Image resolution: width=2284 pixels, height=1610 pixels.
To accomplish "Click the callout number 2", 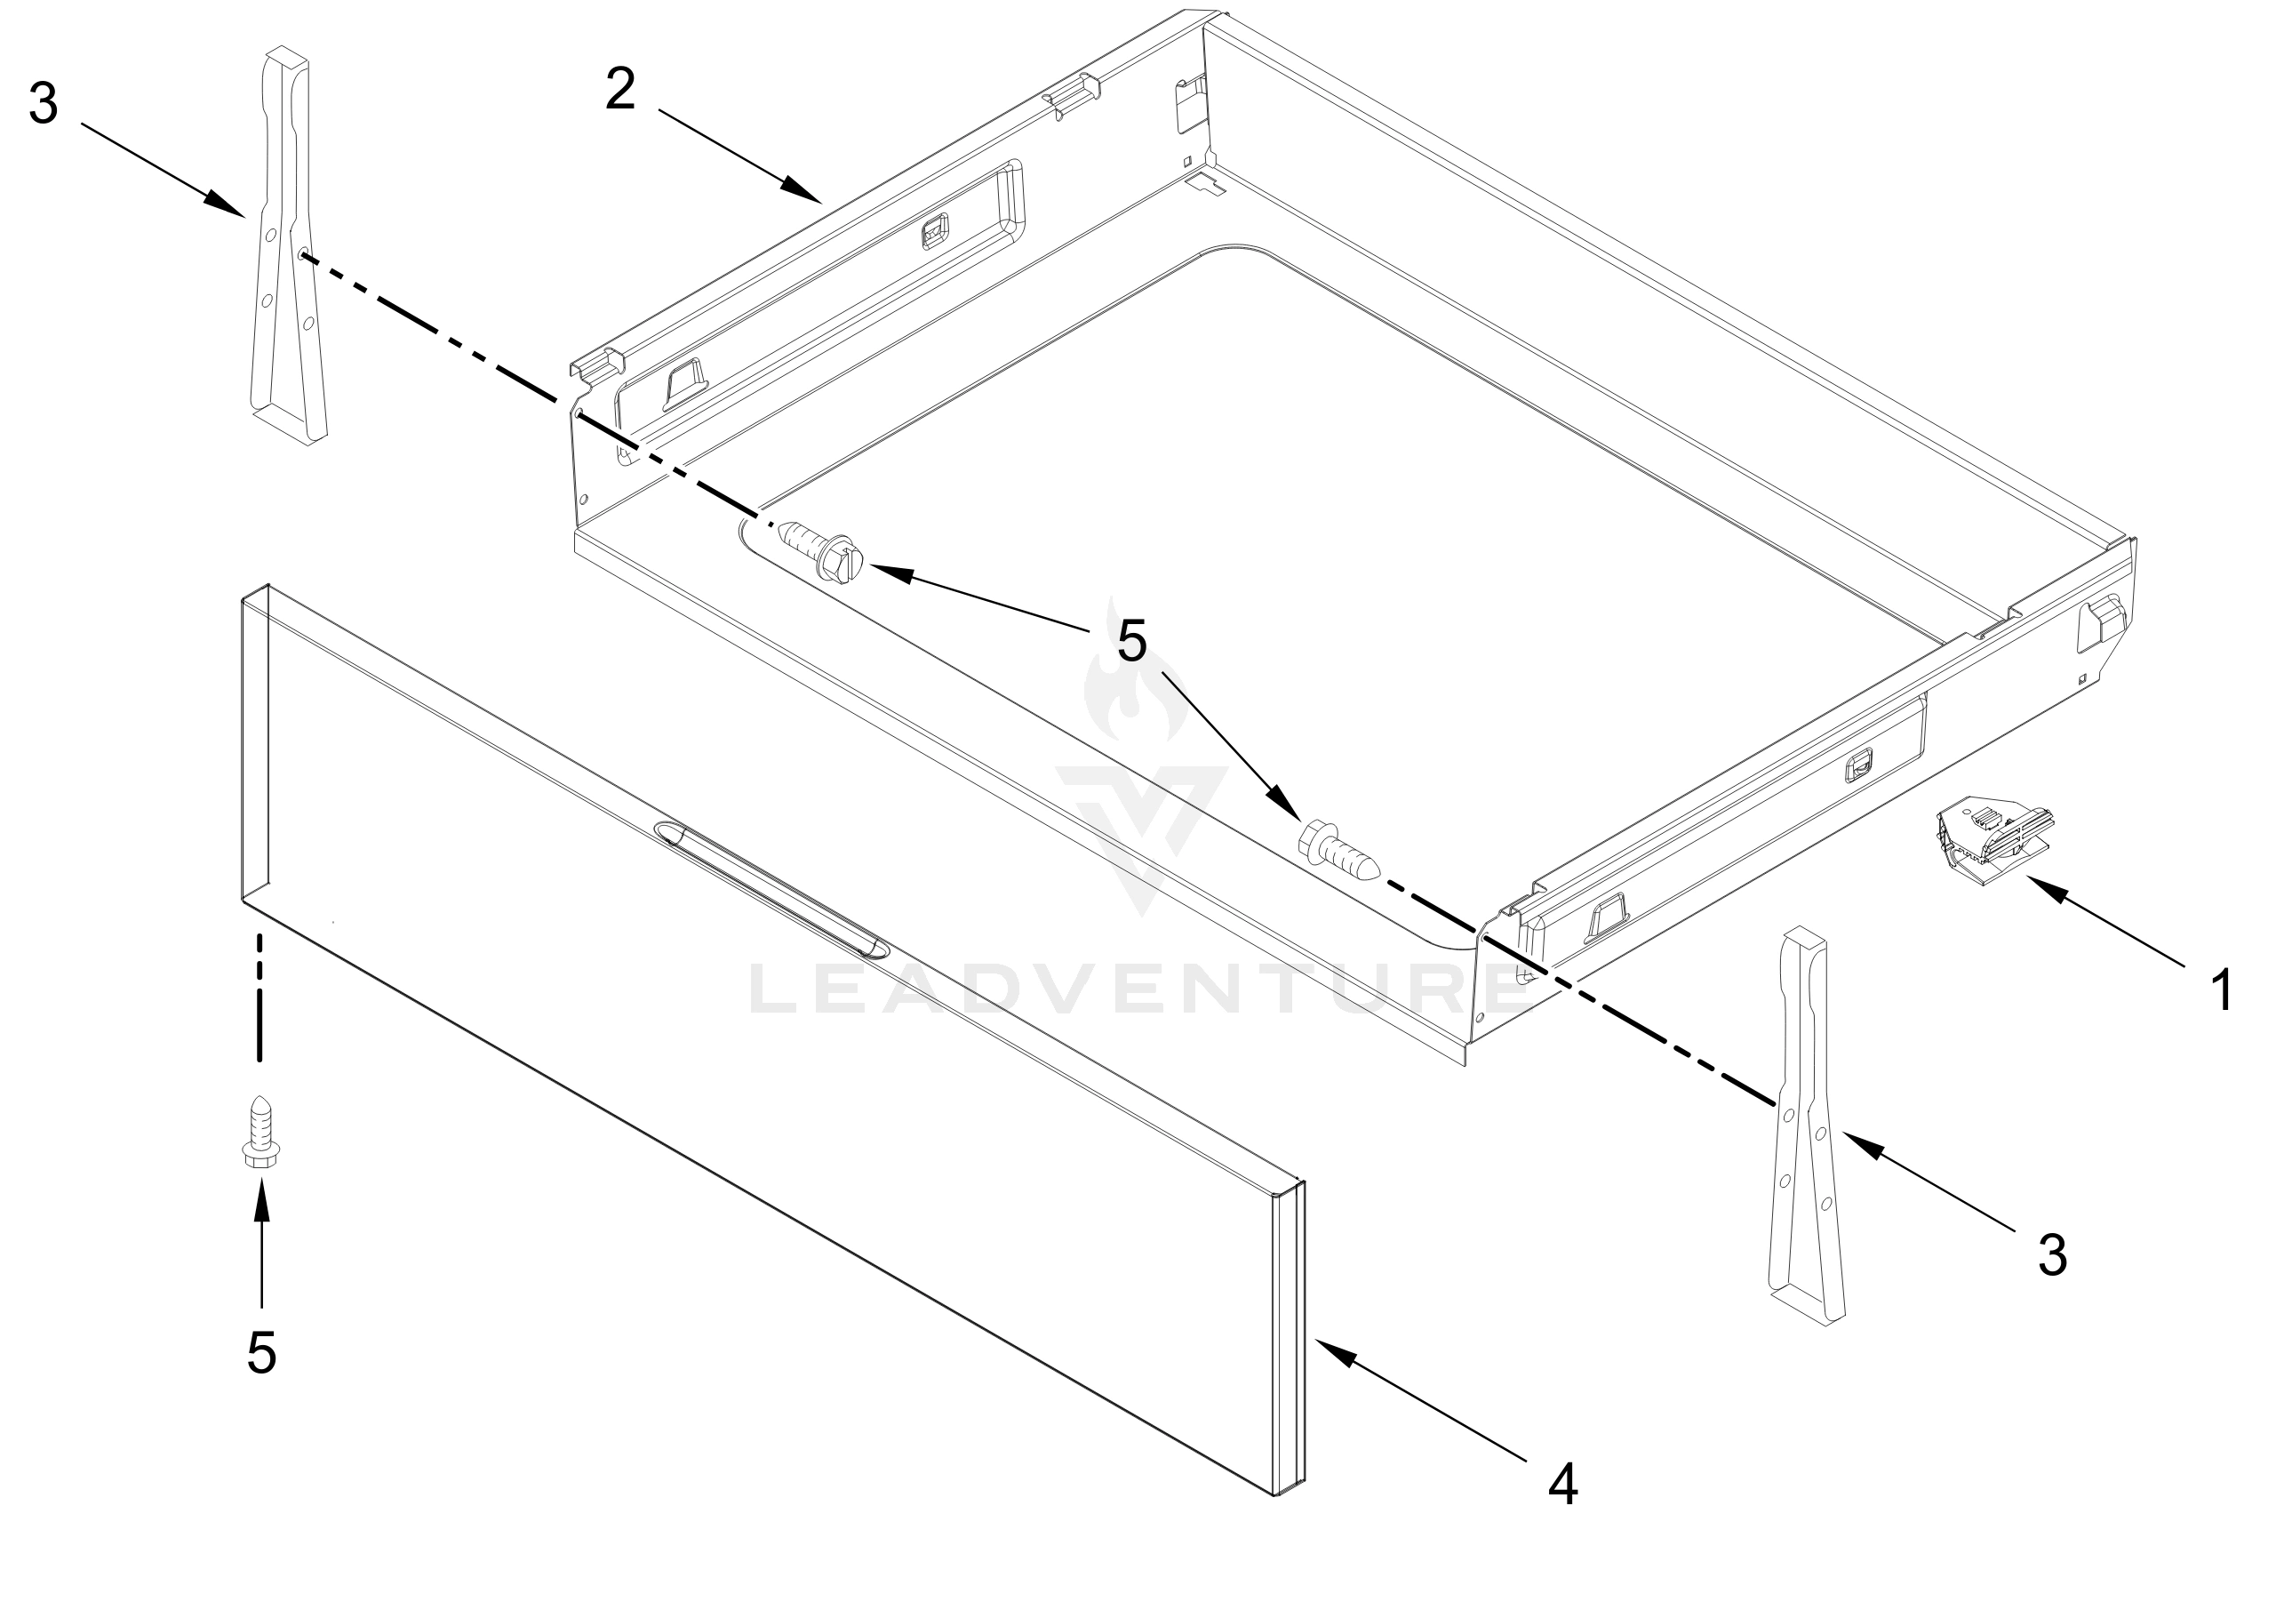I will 619,91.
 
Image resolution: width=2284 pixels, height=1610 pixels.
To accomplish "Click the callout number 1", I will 2221,991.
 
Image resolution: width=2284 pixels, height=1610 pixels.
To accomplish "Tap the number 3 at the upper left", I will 43,103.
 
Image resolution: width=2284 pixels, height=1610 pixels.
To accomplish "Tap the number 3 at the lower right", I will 2052,1254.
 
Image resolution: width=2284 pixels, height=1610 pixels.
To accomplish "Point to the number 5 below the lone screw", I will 261,1353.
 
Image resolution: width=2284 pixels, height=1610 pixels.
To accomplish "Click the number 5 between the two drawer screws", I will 1132,642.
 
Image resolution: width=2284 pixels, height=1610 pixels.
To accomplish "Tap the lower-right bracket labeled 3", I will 1806,1134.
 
